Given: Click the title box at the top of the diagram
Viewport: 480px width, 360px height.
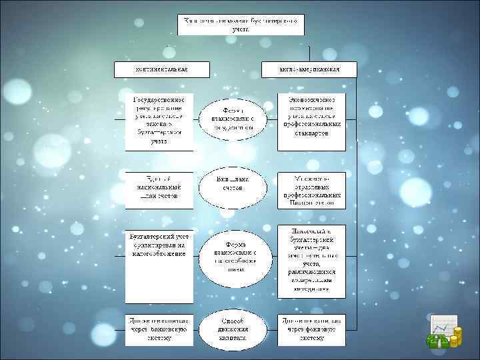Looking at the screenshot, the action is pos(240,25).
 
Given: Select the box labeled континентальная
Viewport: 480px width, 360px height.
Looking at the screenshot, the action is pos(161,69).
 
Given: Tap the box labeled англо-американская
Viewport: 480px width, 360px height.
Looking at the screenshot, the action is pos(311,69).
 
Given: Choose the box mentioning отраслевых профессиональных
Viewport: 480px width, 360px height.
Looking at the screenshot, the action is pos(311,187).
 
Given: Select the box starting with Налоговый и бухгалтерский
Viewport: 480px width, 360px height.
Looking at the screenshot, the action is pos(311,259).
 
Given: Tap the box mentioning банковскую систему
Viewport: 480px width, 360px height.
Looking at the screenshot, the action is pos(159,329).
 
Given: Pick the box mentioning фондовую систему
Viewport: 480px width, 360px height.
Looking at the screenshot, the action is pos(311,329).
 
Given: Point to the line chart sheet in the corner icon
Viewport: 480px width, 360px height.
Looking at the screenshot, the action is pos(441,324).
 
